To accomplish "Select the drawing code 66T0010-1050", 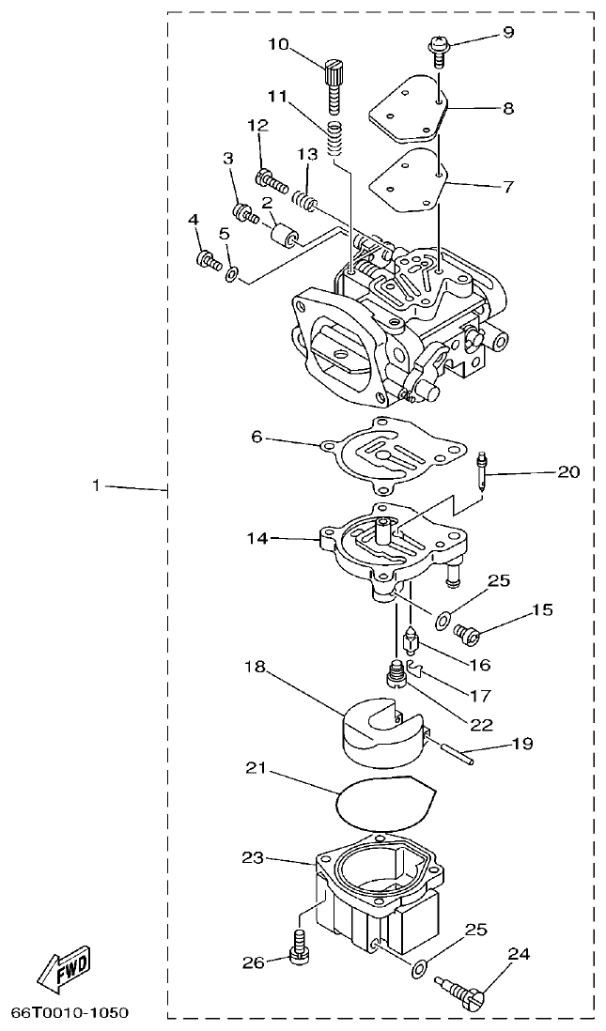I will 70,1014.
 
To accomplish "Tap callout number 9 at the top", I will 508,33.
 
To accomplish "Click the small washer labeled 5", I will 231,275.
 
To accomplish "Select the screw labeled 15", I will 466,633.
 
